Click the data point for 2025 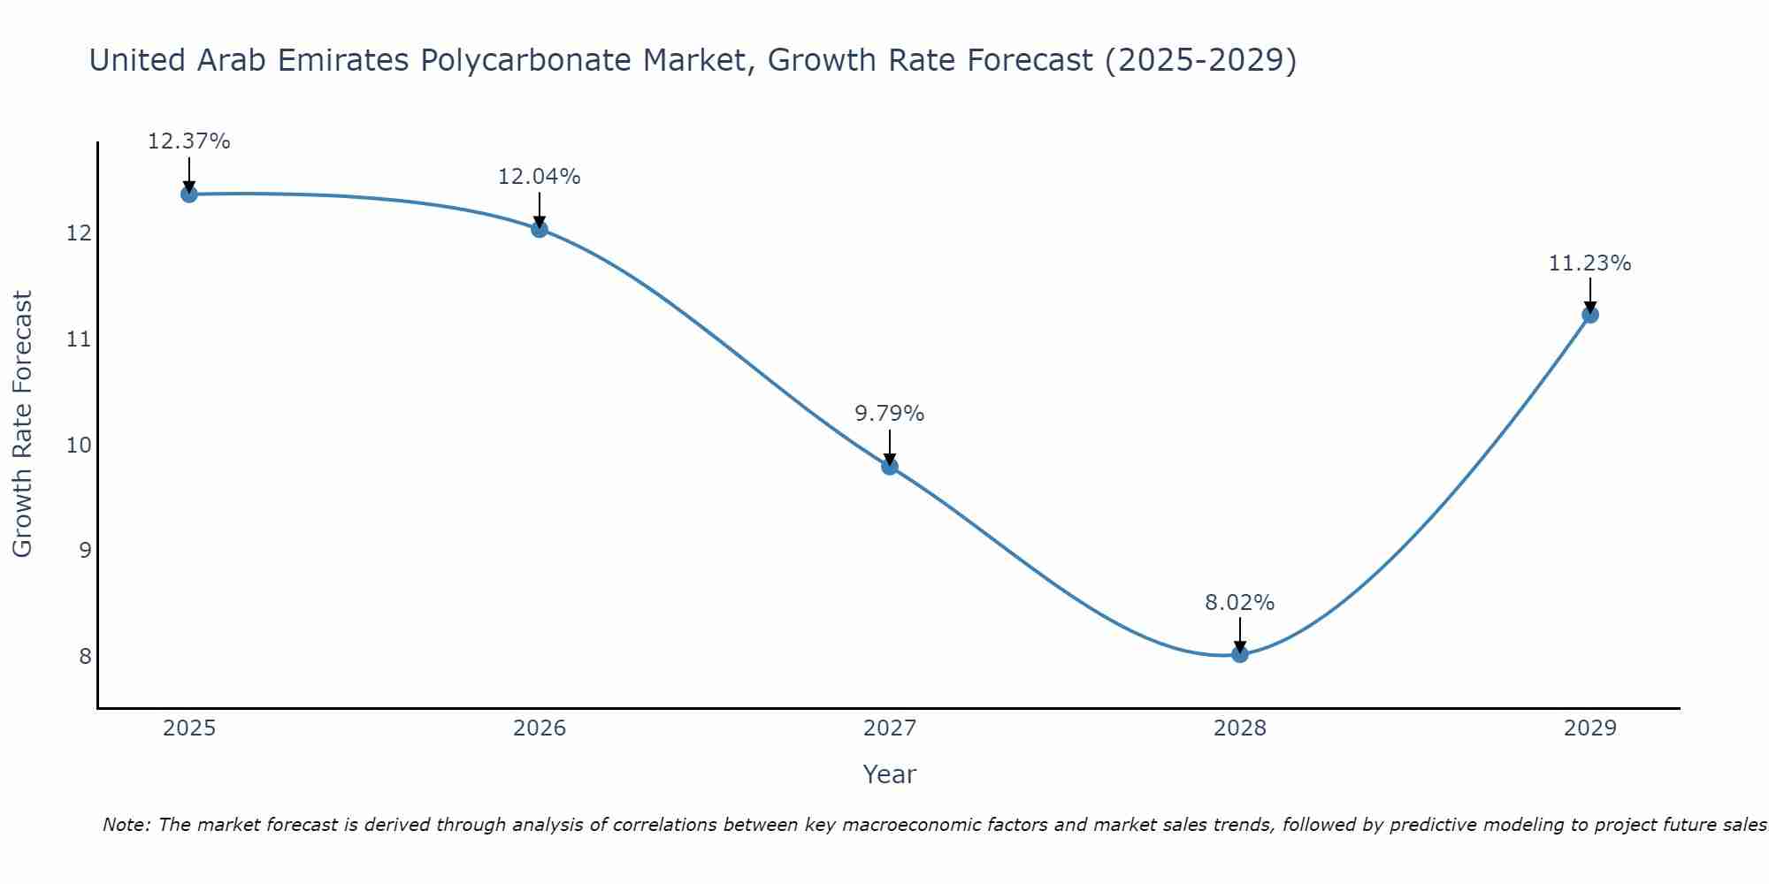(x=188, y=194)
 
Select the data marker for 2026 (x=539, y=229)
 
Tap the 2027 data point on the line (x=889, y=467)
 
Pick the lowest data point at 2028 (x=1239, y=654)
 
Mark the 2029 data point (x=1589, y=315)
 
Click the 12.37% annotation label (x=188, y=141)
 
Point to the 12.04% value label (x=539, y=177)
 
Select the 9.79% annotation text (x=889, y=414)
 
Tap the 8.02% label (x=1239, y=603)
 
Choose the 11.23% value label (x=1589, y=263)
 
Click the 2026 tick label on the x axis (x=540, y=728)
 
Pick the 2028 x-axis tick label (x=1239, y=728)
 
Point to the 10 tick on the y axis (x=80, y=445)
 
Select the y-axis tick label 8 (x=85, y=656)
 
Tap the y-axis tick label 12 (x=80, y=233)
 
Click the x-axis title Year (x=889, y=774)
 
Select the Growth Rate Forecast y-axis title (x=23, y=423)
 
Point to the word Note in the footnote (x=126, y=825)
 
